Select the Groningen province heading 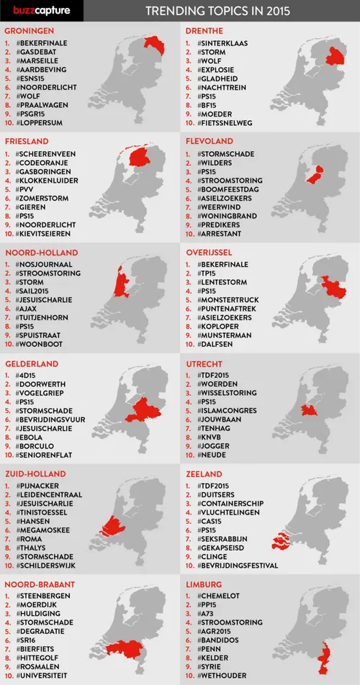(x=30, y=32)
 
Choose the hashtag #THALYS (x=33, y=547)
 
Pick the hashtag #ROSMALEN (x=39, y=666)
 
